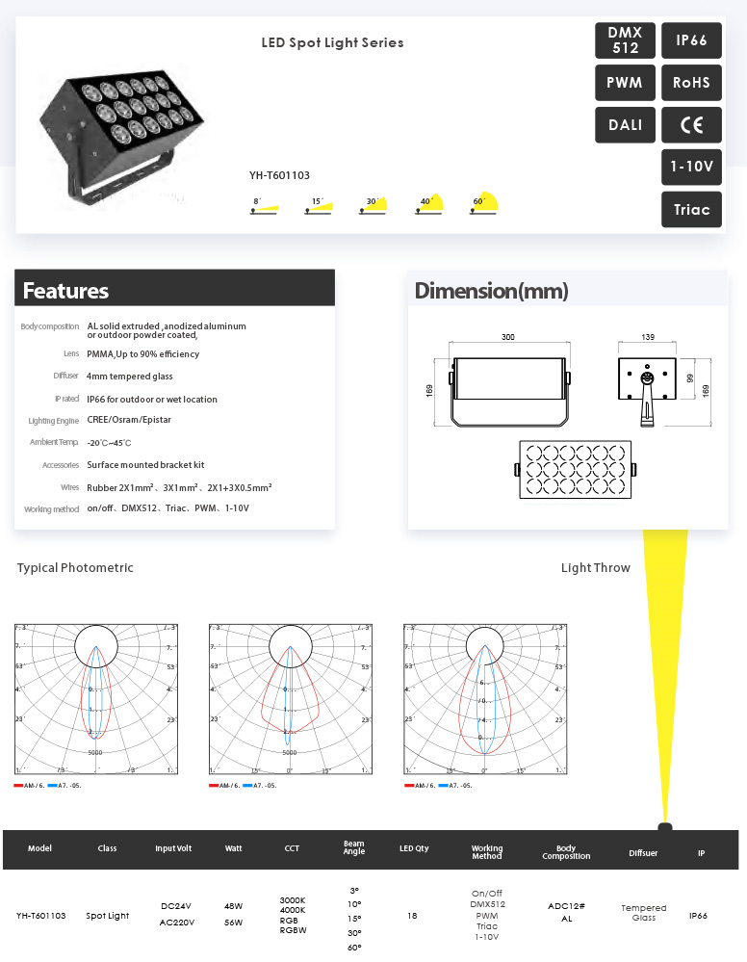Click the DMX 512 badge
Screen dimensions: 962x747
point(625,40)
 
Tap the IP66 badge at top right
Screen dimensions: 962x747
point(691,40)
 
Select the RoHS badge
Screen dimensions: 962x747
point(691,83)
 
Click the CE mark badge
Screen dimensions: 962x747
point(691,125)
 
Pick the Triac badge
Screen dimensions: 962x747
point(691,209)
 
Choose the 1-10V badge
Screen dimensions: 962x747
point(691,167)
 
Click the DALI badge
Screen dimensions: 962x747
point(625,125)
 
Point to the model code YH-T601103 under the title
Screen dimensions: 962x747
point(279,175)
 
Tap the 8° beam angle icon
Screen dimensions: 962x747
point(265,207)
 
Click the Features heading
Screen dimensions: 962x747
point(65,291)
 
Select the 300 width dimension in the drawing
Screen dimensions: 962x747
point(507,338)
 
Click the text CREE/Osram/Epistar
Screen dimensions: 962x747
point(129,420)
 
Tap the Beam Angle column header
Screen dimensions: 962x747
point(354,848)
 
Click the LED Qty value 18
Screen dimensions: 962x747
point(413,916)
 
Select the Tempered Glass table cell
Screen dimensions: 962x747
point(643,913)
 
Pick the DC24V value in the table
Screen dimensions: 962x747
point(176,906)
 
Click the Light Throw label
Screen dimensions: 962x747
point(595,568)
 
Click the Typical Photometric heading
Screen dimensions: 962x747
point(75,568)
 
